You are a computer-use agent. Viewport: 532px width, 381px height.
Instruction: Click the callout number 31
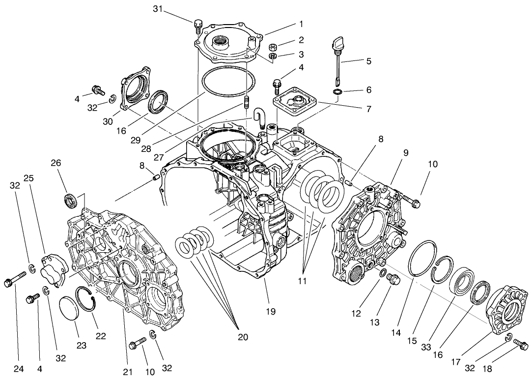point(157,9)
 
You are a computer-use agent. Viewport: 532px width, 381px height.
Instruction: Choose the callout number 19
point(271,311)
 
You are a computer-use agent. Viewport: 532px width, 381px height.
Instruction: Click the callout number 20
point(242,337)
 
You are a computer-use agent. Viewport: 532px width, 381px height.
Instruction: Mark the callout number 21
point(128,372)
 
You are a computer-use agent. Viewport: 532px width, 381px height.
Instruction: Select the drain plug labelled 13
point(393,280)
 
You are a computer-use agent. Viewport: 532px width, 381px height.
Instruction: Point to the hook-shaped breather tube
point(259,118)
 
